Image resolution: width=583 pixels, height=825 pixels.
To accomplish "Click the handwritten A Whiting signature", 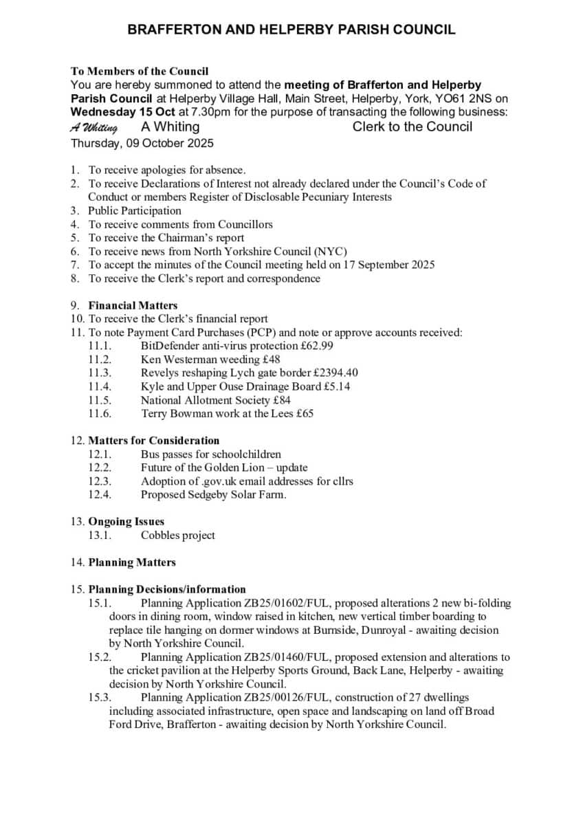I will (x=94, y=128).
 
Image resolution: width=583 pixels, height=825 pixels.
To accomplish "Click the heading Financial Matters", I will (x=133, y=305).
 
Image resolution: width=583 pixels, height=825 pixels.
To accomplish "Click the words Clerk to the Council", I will (x=412, y=126).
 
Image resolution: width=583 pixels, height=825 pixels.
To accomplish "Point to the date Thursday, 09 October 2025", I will (x=142, y=144).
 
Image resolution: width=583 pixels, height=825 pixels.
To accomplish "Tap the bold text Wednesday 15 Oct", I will (x=123, y=112).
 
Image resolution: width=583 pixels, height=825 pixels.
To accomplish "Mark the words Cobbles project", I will (x=178, y=535).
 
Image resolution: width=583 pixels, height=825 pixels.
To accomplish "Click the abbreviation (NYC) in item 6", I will (x=330, y=251).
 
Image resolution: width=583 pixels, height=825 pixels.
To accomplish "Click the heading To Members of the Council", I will (x=140, y=71).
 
